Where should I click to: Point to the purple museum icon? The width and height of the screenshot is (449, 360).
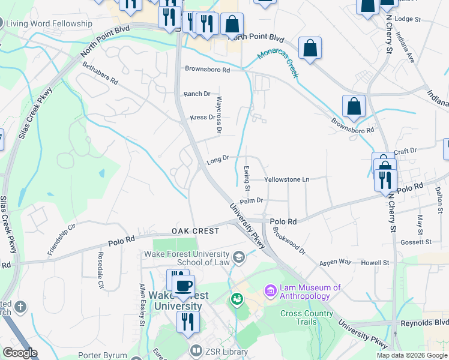point(270,291)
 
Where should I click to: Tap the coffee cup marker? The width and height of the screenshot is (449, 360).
point(184,286)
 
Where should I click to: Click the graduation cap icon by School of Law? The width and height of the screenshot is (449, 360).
point(240,257)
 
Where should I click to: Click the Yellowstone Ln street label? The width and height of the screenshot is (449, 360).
point(287,179)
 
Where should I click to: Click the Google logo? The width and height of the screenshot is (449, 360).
point(20,353)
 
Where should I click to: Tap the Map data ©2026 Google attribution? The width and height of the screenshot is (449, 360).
point(412,355)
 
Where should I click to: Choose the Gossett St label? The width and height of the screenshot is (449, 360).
point(418,242)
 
